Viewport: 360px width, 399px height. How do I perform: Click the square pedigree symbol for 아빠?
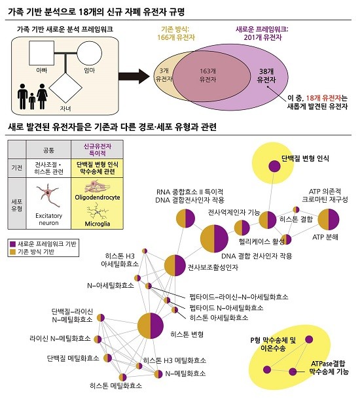[41, 53]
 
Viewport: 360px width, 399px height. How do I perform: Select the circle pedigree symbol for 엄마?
[90, 53]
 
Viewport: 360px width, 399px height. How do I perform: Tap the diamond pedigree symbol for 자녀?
[65, 88]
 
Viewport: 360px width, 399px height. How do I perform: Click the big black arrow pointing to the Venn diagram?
[134, 77]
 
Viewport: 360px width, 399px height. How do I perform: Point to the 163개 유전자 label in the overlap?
[207, 75]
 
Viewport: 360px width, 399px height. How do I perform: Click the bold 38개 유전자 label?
[266, 76]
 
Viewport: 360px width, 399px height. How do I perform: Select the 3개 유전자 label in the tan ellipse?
[164, 75]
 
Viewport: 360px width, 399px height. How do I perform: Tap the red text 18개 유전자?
[323, 98]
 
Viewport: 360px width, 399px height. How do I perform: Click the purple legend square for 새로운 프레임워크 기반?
[12, 244]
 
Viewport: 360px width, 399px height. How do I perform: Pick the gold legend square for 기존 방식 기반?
[12, 252]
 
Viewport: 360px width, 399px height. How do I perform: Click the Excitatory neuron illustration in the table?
[48, 196]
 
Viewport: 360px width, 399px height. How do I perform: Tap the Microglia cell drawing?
[98, 211]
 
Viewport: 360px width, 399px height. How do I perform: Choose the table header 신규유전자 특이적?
[98, 150]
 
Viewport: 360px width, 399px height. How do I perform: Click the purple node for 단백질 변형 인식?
[274, 167]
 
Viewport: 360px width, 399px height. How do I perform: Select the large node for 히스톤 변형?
[151, 326]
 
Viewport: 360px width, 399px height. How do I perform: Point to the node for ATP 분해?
[329, 219]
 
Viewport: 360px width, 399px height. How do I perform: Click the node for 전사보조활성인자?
[175, 266]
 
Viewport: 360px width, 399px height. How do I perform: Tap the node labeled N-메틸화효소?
[158, 374]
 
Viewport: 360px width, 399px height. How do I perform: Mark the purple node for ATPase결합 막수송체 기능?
[293, 372]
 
